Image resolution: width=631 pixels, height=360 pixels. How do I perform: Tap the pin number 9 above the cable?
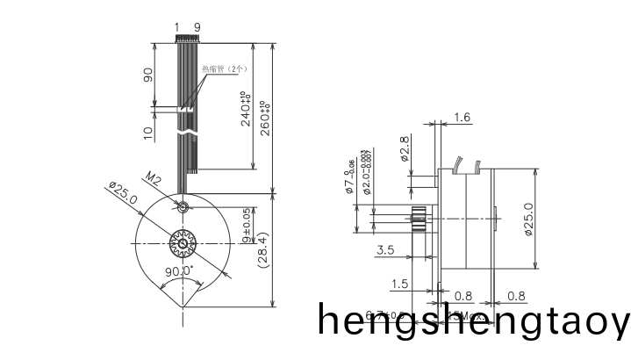pyautogui.click(x=197, y=27)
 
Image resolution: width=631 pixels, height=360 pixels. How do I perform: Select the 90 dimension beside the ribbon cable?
pyautogui.click(x=148, y=76)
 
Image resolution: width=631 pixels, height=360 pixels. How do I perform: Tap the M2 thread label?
pyautogui.click(x=152, y=180)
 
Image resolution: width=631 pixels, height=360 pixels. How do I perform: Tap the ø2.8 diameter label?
pyautogui.click(x=404, y=150)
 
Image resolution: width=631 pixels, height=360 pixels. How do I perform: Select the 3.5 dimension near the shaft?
pyautogui.click(x=384, y=250)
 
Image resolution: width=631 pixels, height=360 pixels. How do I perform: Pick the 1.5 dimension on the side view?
pyautogui.click(x=400, y=284)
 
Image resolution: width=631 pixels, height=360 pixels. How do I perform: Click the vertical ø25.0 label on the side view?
pyautogui.click(x=528, y=219)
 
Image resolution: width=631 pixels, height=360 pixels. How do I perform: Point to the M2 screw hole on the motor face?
pyautogui.click(x=182, y=208)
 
